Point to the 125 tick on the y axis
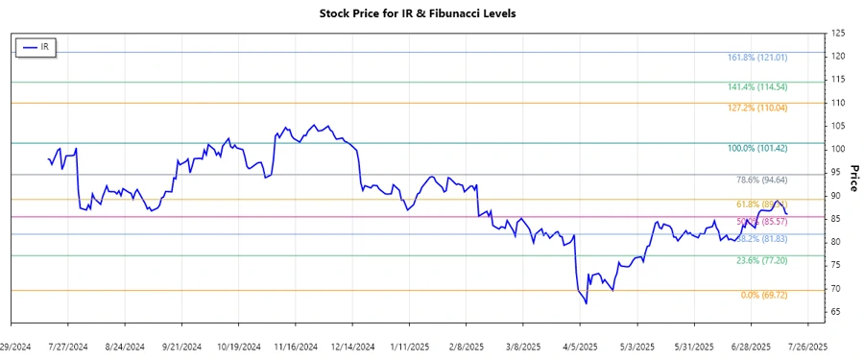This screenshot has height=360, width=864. coord(837,34)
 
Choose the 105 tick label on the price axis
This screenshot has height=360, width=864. coord(837,126)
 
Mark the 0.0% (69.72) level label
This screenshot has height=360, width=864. coord(763,296)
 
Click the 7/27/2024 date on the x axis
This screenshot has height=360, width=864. coord(68,346)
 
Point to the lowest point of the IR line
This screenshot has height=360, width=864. coord(586,304)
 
